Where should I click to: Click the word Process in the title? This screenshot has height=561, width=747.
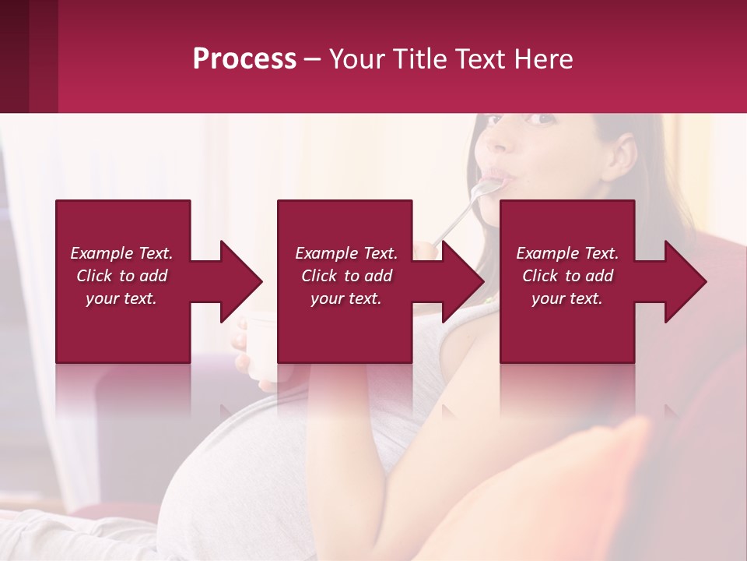point(244,59)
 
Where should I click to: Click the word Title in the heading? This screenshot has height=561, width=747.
point(418,59)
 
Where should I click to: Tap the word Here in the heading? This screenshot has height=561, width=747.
point(542,59)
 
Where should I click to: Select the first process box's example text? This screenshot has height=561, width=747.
point(121,276)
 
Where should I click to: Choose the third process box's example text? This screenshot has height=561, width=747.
point(567,276)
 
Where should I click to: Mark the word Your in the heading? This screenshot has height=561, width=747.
point(359,59)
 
